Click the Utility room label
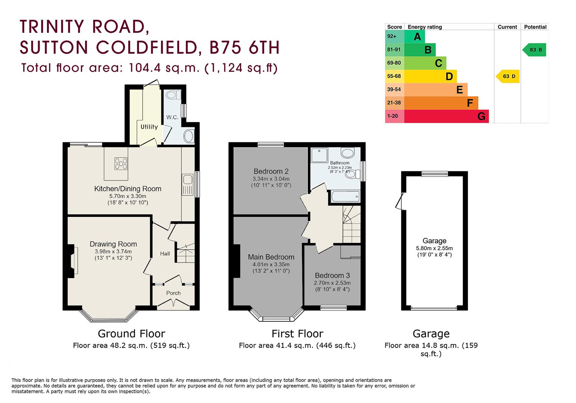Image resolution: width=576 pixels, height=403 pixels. click(149, 127)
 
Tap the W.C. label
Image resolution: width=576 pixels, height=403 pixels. click(172, 117)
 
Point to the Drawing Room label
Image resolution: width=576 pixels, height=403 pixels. click(113, 244)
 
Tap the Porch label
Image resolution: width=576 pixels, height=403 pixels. click(173, 293)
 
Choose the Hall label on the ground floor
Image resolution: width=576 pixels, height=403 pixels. click(165, 254)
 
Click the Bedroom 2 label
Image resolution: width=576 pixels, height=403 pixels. click(271, 172)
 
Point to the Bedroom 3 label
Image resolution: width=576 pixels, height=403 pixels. click(332, 276)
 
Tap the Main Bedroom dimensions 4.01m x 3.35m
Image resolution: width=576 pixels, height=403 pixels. click(271, 265)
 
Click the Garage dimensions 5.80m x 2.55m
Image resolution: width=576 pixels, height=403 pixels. click(434, 248)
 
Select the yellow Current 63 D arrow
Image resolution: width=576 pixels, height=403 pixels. click(508, 76)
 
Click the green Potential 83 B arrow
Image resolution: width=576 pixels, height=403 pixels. click(534, 50)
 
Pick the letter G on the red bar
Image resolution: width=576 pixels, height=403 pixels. click(481, 117)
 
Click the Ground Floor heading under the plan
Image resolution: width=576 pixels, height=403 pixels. click(131, 334)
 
